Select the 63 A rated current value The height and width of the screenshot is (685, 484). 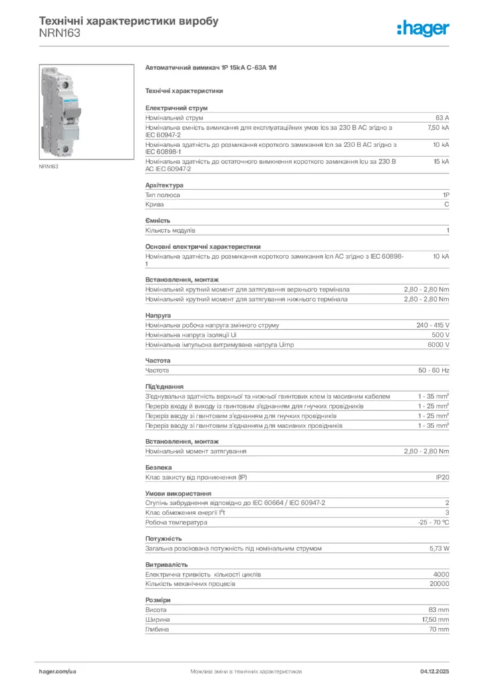click(x=442, y=117)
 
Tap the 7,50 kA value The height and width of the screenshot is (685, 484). click(x=439, y=126)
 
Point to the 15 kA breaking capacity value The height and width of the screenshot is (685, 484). click(x=441, y=161)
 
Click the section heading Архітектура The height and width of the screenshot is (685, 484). click(x=164, y=185)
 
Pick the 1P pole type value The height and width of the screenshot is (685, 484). click(x=445, y=195)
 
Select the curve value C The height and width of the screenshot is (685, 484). click(x=447, y=205)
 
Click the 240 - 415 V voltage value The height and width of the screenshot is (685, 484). click(x=433, y=325)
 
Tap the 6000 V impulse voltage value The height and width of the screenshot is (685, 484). click(x=438, y=345)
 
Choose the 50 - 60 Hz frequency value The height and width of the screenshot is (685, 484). click(x=434, y=370)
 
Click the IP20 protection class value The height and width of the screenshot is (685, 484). click(x=442, y=477)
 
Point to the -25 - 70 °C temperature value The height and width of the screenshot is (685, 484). click(x=433, y=522)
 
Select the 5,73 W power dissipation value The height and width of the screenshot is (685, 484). click(x=439, y=548)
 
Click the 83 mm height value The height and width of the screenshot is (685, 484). click(x=439, y=610)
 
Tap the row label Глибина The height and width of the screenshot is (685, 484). click(x=156, y=629)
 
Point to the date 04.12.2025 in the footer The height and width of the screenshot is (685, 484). click(x=435, y=670)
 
